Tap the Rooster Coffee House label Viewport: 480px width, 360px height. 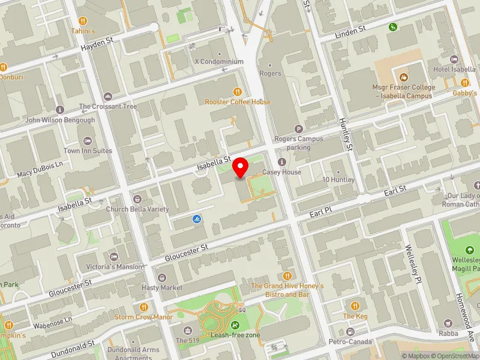coord(238,102)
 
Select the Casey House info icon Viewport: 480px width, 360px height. coord(281,161)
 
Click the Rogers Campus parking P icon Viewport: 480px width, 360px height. coord(298,128)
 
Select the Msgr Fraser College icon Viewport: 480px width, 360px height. coord(403,77)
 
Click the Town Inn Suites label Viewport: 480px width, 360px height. coord(88,151)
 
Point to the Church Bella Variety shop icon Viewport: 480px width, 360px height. coord(137,199)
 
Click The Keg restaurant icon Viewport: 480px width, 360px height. coord(355,306)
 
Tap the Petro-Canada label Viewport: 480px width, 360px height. coord(349,343)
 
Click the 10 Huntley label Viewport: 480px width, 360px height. coord(338,180)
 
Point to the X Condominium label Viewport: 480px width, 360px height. coord(219,61)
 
